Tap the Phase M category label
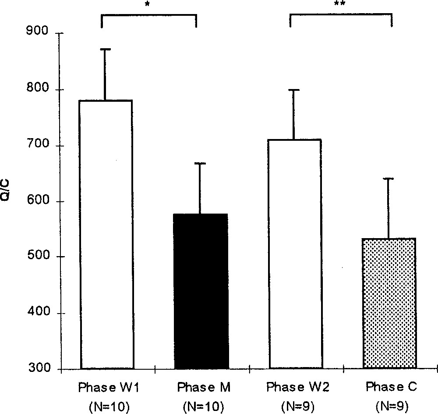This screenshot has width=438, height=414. tap(201, 388)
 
